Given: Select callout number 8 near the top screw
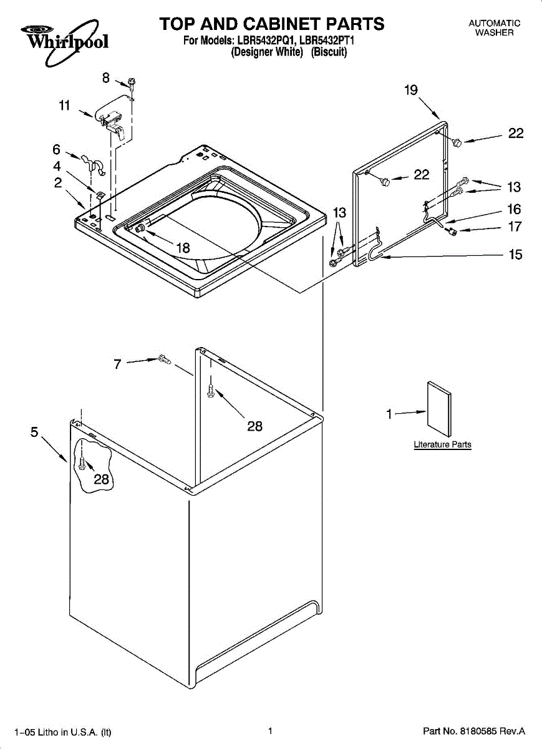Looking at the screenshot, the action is pos(106,78).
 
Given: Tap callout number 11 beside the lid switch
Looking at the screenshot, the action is pos(64,105).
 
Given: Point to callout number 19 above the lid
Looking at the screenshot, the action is pos(411,90).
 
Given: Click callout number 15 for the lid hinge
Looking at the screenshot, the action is pos(515,255).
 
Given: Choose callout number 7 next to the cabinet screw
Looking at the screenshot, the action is pos(117,364).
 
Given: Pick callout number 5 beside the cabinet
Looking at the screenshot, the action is pos(34,432).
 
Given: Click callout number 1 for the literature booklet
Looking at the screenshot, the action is pos(389,414).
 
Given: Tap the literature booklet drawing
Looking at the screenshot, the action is pos(438,409).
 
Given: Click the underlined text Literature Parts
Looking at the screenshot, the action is pos(442,444).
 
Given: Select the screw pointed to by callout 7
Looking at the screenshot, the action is pos(165,360).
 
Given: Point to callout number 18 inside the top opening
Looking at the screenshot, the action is pos(183,248).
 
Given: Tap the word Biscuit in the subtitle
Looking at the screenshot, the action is pos(329,52).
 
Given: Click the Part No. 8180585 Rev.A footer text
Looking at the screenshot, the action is pos(474,731).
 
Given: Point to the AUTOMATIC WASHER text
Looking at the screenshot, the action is pos(494,27).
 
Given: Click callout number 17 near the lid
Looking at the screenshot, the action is pos(515,227).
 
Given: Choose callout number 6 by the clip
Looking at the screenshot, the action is pos(57,149).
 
